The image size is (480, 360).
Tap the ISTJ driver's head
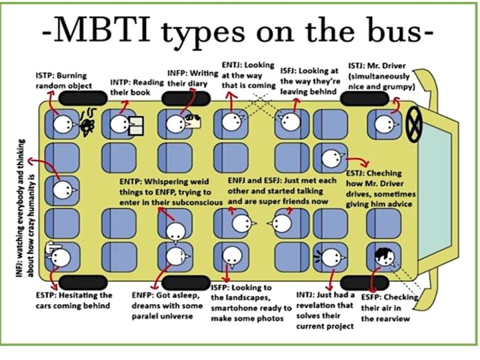(383, 123)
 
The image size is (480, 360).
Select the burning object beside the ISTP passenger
(86, 125)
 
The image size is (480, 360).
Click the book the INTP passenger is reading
(137, 125)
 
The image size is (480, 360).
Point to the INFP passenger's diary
(195, 121)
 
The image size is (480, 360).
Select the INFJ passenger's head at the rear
(63, 191)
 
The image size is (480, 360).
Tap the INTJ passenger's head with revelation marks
(332, 255)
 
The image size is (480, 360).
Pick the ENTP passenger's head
(175, 231)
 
